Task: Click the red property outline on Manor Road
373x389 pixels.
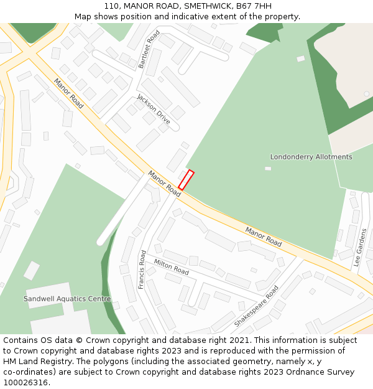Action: tap(186, 180)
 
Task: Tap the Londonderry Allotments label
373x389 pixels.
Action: tap(311, 157)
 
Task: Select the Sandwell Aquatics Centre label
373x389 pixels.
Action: tap(67, 299)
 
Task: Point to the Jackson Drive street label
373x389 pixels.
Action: tap(153, 109)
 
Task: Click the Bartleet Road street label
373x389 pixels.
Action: tap(149, 49)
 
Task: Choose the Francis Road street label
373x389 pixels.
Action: tap(142, 269)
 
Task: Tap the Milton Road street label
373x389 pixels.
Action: tap(172, 267)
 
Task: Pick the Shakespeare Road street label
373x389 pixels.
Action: tap(256, 306)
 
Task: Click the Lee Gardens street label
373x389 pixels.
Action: tap(360, 247)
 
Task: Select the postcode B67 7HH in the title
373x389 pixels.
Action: tap(257, 6)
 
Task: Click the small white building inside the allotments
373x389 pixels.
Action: tap(268, 168)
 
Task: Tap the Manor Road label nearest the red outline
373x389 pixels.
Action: tap(164, 184)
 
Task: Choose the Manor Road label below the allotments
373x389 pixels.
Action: tap(263, 237)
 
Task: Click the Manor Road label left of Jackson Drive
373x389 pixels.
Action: tap(68, 93)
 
